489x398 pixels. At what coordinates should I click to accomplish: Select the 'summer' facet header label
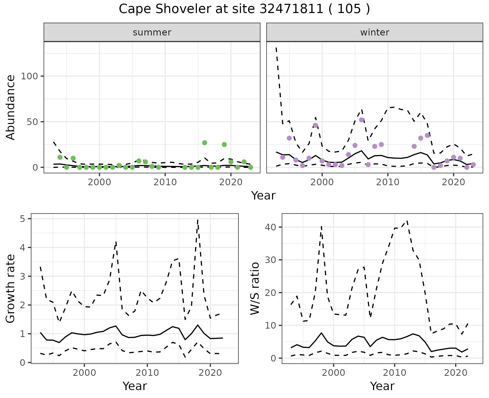click(x=152, y=32)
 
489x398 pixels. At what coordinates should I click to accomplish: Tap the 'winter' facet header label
click(x=375, y=32)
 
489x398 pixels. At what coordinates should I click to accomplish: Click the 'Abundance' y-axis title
click(x=11, y=107)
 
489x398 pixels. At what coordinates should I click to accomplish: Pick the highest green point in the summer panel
click(x=205, y=143)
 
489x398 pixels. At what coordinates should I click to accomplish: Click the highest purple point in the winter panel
click(x=362, y=120)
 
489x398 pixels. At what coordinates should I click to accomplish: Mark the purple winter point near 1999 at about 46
click(x=316, y=125)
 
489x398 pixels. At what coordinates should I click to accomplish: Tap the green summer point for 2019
click(x=224, y=144)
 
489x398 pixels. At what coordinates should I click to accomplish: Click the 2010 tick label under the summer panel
click(x=165, y=182)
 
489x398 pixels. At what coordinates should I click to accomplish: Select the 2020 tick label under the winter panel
click(x=453, y=182)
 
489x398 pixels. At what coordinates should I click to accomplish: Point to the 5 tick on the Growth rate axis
click(x=24, y=219)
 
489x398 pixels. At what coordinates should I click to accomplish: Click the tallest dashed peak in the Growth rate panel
click(x=198, y=220)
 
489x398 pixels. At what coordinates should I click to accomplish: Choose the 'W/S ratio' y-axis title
click(x=255, y=289)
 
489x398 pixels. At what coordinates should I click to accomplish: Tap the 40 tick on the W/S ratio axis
click(x=271, y=227)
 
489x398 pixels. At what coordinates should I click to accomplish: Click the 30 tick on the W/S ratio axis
click(x=271, y=260)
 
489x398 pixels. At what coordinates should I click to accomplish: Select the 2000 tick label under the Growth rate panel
click(x=84, y=373)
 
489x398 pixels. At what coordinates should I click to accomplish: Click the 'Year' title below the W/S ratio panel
click(x=382, y=386)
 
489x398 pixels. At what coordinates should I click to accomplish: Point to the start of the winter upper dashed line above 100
click(x=276, y=48)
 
